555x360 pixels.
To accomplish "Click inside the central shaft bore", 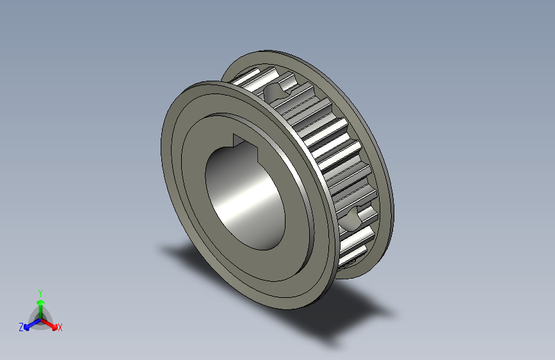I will pos(246,192).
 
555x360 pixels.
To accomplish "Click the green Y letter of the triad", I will pos(40,291).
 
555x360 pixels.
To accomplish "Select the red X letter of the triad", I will pos(60,328).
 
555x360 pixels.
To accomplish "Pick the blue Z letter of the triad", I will pos(21,327).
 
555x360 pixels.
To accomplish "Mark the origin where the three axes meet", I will pos(40,317).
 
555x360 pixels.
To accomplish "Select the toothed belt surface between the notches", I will pos(326,147).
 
